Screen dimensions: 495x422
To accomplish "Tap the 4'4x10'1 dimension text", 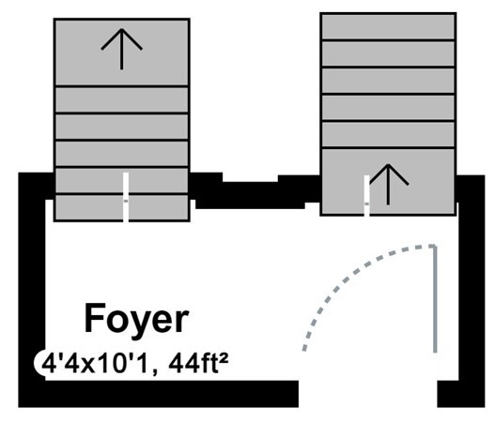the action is click(95, 364).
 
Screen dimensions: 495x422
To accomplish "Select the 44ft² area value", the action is click(198, 364).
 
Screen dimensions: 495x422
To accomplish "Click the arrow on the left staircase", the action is click(121, 49).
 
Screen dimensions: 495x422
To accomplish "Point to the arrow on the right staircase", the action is click(388, 185).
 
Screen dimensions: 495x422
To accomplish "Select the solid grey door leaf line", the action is click(435, 299).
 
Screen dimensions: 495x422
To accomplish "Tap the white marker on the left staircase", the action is click(126, 197).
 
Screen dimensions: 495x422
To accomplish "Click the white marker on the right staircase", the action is click(366, 196).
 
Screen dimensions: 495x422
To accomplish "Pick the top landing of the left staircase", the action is click(121, 53).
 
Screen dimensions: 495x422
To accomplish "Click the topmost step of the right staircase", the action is click(388, 27).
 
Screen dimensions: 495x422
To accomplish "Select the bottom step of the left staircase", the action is click(121, 207).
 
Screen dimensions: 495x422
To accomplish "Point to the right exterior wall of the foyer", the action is click(471, 283).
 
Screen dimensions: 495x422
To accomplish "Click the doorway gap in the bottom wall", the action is click(368, 394).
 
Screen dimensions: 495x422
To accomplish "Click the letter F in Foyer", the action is click(95, 317).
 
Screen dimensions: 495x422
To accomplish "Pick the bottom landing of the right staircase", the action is click(388, 182).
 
